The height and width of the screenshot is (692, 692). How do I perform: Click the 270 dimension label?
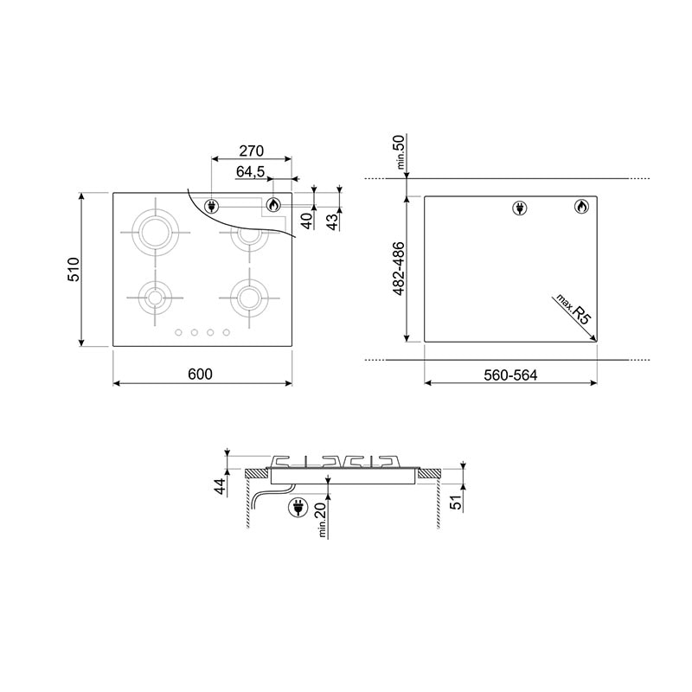[x=251, y=151]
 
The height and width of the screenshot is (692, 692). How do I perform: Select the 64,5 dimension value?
[x=250, y=171]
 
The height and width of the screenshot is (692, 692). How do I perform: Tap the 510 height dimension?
[x=74, y=269]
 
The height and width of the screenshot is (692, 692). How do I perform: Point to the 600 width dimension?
[x=200, y=375]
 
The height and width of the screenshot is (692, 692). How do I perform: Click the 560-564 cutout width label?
[x=510, y=375]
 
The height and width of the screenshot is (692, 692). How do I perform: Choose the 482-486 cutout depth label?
[x=398, y=269]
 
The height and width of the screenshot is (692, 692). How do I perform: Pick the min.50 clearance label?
[x=400, y=152]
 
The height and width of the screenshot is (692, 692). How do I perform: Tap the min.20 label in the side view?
[x=322, y=520]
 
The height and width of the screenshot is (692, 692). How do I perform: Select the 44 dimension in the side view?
[x=221, y=486]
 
